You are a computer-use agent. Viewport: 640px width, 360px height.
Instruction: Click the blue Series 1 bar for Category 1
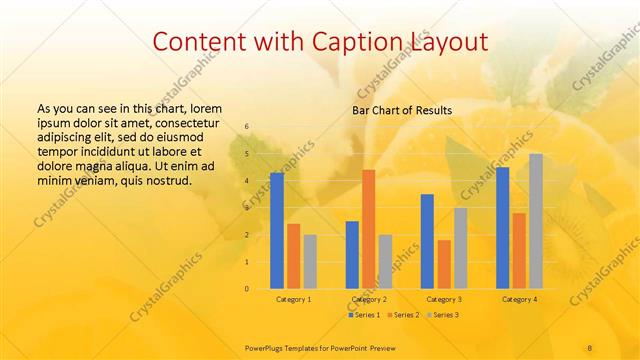pos(276,230)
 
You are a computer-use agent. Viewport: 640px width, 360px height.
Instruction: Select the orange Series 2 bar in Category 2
pos(368,229)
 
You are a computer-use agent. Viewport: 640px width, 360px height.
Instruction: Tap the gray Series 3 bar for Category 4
pos(536,221)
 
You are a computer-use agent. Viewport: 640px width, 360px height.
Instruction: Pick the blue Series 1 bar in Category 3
pos(427,241)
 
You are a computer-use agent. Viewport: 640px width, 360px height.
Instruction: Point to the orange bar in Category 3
pos(444,264)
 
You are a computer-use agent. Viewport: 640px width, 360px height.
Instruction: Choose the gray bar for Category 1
pos(310,261)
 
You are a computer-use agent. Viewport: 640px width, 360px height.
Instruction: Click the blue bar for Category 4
pos(502,227)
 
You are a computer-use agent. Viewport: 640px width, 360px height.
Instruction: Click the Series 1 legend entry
pos(366,315)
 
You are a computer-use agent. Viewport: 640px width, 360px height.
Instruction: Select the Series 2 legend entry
pos(403,315)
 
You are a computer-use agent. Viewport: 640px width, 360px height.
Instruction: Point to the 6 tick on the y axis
pos(247,127)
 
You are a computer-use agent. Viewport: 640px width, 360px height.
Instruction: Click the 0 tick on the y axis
pos(247,289)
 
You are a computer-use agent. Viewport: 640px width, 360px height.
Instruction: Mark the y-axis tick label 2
pos(247,235)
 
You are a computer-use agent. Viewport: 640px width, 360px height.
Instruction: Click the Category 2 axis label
pos(369,299)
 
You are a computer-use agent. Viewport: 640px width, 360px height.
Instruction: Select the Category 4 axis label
pos(519,299)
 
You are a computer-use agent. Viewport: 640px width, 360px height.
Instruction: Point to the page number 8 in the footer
pos(590,347)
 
